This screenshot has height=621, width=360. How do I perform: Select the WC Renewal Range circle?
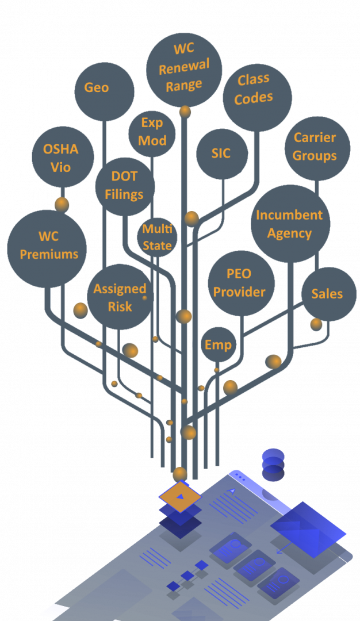184,70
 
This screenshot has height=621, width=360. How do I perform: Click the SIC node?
221,154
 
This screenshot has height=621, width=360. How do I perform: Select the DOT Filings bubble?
125,186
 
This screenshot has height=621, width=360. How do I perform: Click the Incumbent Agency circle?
290,224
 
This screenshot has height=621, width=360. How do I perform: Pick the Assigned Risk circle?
120,297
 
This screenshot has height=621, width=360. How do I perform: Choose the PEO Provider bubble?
240,283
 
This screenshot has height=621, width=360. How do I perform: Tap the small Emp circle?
219,344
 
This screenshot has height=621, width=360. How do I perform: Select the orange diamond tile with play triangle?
179,497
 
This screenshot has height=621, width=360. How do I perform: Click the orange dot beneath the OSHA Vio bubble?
62,204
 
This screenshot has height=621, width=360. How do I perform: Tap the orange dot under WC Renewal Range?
185,112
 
